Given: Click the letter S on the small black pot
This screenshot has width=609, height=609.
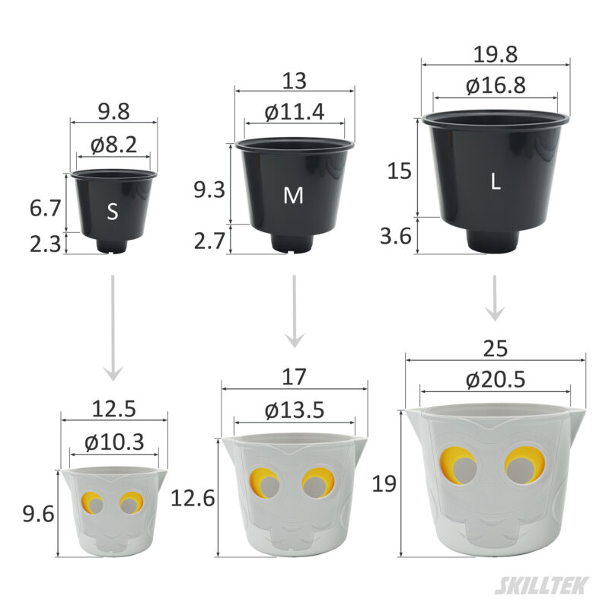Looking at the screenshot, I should tap(113, 212).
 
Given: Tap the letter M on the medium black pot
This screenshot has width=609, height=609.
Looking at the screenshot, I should tap(293, 196).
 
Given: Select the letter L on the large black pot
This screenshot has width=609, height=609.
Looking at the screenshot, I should tap(496, 182).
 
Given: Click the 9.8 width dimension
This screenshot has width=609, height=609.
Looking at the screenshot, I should tap(113, 111).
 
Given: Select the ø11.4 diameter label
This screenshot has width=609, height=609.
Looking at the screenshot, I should tap(295, 112).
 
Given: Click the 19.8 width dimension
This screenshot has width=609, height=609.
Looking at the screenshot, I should tap(496, 55).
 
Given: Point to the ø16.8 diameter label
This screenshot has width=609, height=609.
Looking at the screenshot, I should tap(496, 85).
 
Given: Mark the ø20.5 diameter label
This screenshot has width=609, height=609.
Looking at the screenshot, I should tap(496, 378).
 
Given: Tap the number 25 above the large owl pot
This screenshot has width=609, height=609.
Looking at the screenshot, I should tap(496, 347).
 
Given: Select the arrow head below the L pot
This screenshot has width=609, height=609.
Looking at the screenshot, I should tap(496, 313).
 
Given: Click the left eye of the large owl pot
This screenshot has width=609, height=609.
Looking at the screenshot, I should tap(458, 465).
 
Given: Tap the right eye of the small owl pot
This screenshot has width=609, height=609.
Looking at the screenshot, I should tap(130, 503).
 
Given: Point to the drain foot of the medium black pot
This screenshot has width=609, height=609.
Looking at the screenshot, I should tap(293, 243).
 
